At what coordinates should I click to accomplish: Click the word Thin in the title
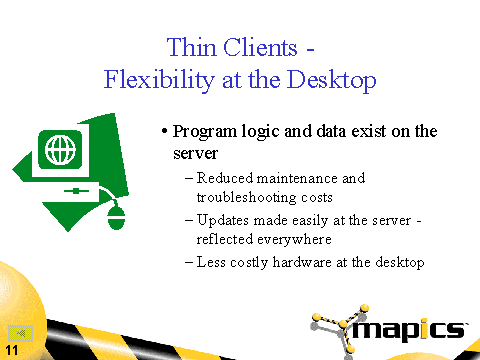pyautogui.click(x=191, y=47)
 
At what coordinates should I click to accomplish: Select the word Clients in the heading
pyautogui.click(x=260, y=47)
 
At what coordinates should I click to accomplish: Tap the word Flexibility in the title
pyautogui.click(x=159, y=80)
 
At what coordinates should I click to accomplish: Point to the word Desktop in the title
pyautogui.click(x=331, y=80)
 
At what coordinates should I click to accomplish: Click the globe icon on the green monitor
pyautogui.click(x=60, y=150)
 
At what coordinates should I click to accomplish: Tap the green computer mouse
pyautogui.click(x=116, y=218)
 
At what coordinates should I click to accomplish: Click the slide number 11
pyautogui.click(x=12, y=350)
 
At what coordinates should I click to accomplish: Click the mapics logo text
pyautogui.click(x=409, y=330)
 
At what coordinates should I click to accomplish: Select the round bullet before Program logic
pyautogui.click(x=164, y=131)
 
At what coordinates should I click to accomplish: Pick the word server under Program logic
pyautogui.click(x=195, y=154)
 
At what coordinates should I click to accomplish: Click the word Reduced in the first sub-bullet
pyautogui.click(x=225, y=178)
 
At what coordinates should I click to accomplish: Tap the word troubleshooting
pyautogui.click(x=246, y=197)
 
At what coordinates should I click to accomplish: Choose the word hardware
pyautogui.click(x=302, y=262)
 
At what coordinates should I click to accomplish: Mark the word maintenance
pyautogui.click(x=297, y=178)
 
